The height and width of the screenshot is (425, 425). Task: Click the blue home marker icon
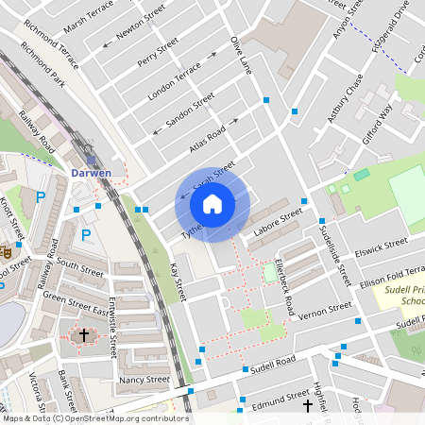coord(212,203)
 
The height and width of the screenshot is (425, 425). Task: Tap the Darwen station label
coord(92,173)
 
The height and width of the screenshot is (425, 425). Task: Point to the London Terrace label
coord(175,74)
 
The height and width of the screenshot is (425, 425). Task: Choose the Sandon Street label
coord(190,112)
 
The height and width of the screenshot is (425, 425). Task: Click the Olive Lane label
coord(243,56)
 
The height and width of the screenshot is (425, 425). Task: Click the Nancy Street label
coord(144,380)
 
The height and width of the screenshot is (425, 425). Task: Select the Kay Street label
coord(178,282)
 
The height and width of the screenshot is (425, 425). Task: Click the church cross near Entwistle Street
coord(83,335)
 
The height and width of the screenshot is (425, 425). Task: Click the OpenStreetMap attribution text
coord(94,418)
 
